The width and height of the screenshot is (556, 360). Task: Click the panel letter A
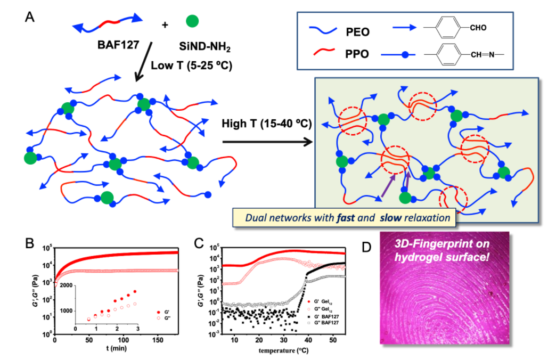tap(31, 17)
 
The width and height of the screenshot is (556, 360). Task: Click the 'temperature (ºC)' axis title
tap(282, 351)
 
